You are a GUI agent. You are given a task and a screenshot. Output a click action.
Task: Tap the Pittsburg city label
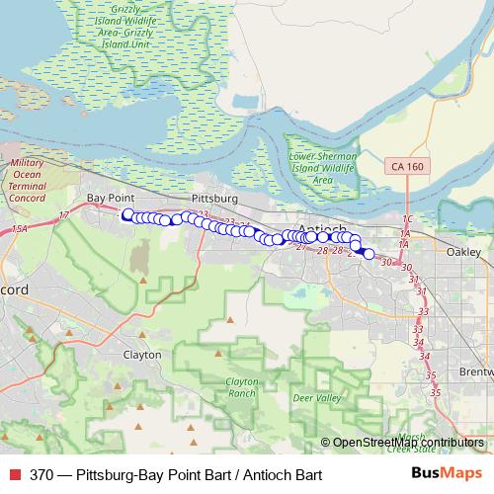pos(209,198)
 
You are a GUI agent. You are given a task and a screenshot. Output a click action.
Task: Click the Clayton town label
pos(140,353)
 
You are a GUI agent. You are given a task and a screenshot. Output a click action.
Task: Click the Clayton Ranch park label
pos(241,386)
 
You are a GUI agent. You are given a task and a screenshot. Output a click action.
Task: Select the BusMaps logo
pos(445,473)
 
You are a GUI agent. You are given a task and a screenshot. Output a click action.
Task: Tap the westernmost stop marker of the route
pos(126,213)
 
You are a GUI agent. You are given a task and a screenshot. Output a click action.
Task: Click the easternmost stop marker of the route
pos(369,254)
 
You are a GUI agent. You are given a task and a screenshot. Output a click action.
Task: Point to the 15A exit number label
pos(21,229)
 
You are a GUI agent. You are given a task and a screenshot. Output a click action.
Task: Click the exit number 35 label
pos(432,375)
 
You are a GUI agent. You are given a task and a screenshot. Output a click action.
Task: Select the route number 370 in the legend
pos(41,475)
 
